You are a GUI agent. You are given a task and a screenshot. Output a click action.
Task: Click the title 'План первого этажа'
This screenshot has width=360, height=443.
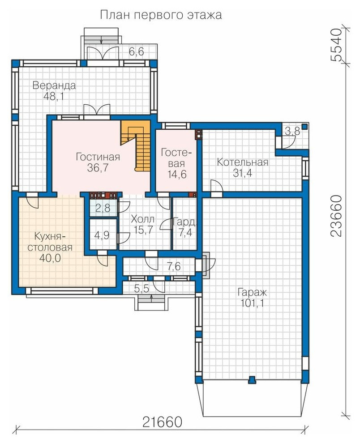pyautogui.click(x=161, y=15)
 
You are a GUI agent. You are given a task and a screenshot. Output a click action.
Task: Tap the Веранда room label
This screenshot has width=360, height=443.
pyautogui.click(x=54, y=85)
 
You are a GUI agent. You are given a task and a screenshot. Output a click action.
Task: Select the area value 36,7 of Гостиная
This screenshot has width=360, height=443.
pyautogui.click(x=98, y=168)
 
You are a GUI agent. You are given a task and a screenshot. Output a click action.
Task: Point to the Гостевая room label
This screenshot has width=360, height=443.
pyautogui.click(x=176, y=158)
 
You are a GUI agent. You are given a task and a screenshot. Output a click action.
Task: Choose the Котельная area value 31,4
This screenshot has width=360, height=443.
pyautogui.click(x=242, y=173)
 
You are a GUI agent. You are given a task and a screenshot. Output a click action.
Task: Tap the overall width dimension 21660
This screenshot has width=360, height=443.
pyautogui.click(x=162, y=422)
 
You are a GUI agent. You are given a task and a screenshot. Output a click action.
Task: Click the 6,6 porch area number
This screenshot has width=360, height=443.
pyautogui.click(x=136, y=52)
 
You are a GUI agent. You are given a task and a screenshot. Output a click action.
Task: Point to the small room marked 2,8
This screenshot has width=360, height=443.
pyautogui.click(x=103, y=208)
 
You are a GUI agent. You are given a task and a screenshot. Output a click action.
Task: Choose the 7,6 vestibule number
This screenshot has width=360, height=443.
pyautogui.click(x=174, y=266)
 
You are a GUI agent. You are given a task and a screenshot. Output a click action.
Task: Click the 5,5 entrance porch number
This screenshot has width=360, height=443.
pyautogui.click(x=141, y=289)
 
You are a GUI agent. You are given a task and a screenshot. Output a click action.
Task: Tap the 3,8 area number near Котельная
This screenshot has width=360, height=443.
pyautogui.click(x=292, y=132)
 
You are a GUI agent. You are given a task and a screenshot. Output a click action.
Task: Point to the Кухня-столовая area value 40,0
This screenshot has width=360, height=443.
pyautogui.click(x=50, y=258)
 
